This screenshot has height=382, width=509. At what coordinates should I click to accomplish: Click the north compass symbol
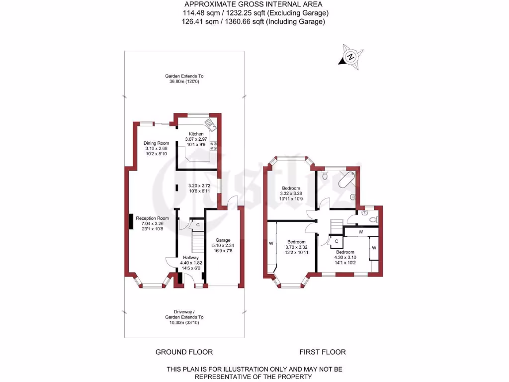click(x=351, y=56)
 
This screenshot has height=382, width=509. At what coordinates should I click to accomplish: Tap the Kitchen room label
click(x=196, y=134)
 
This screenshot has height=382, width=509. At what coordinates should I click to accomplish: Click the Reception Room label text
click(x=153, y=218)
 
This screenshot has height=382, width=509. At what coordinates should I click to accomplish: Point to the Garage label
click(x=223, y=240)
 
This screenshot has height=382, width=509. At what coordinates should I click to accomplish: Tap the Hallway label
click(x=191, y=257)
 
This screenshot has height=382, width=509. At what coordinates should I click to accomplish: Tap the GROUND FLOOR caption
click(x=184, y=352)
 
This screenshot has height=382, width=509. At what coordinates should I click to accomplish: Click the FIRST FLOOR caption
click(x=322, y=352)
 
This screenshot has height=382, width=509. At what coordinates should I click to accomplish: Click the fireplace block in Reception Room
click(x=131, y=221)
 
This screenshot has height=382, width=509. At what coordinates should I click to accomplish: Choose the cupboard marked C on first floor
click(x=337, y=242)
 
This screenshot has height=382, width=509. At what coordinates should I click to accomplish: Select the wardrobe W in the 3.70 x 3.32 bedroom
click(x=271, y=244)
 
